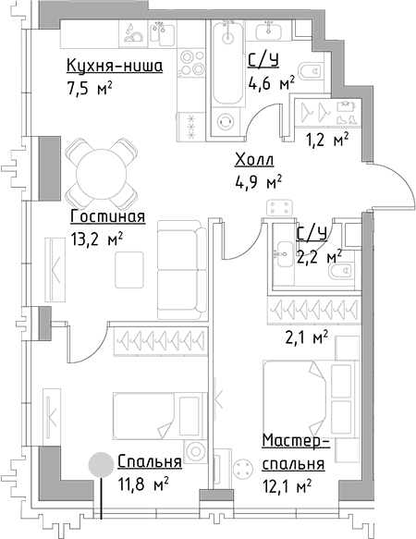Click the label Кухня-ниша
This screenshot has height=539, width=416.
pyautogui.click(x=115, y=66)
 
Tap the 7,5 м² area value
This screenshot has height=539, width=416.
pyautogui.click(x=89, y=91)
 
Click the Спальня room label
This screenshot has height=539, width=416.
pyautogui.click(x=149, y=461)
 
